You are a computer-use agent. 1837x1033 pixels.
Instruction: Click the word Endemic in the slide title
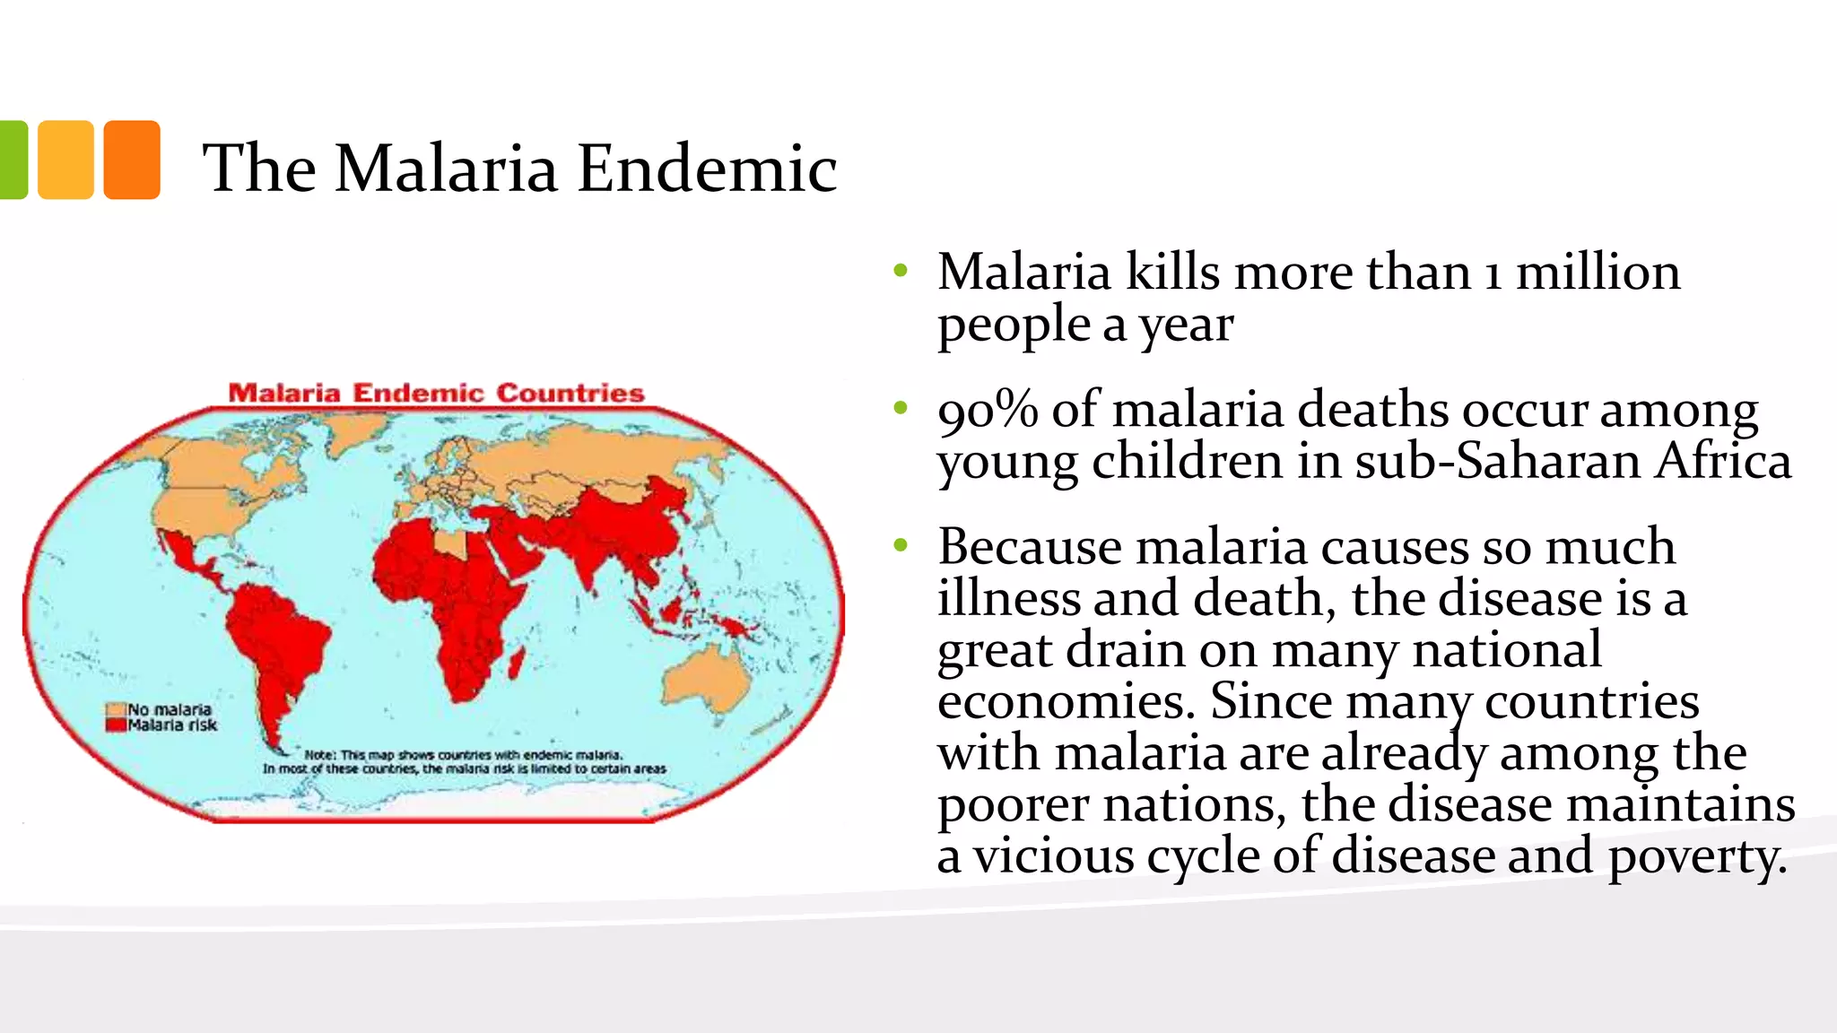coord(707,169)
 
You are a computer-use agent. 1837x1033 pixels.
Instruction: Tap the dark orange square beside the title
coord(132,160)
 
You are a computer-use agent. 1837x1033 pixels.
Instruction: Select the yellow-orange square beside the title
coord(65,160)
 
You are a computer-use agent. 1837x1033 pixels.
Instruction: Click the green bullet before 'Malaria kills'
coord(901,271)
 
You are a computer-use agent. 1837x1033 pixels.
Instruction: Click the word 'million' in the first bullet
coord(1598,273)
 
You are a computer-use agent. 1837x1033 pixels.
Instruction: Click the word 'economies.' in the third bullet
coord(1067,702)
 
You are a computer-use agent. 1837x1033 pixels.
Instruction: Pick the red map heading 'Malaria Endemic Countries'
coord(436,393)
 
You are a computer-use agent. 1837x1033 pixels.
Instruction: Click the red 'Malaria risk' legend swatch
coord(115,725)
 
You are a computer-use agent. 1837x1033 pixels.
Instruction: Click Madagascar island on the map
coord(517,664)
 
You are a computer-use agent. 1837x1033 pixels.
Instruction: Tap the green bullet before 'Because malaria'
coord(901,545)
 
